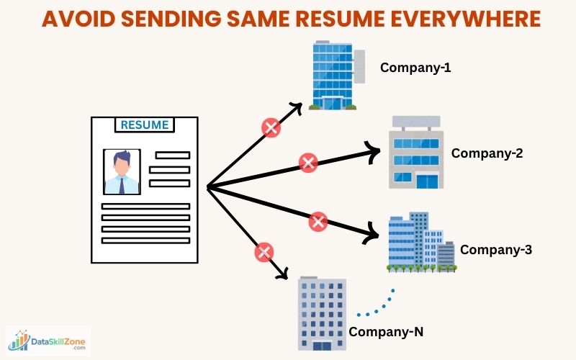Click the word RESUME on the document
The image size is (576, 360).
(x=145, y=125)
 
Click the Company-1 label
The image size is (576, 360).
(x=415, y=68)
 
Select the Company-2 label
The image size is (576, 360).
(x=487, y=153)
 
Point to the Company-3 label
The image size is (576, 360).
(x=496, y=250)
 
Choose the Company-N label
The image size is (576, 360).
(x=387, y=332)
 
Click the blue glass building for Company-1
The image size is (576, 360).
(x=333, y=75)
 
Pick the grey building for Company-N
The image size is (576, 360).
(x=321, y=313)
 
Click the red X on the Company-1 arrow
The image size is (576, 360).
(x=271, y=129)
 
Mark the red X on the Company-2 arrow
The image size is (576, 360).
(x=308, y=162)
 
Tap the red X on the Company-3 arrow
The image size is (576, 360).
(x=318, y=221)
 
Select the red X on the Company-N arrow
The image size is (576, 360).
(x=264, y=252)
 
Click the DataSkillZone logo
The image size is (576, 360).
(x=48, y=341)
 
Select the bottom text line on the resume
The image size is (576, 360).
(x=145, y=240)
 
